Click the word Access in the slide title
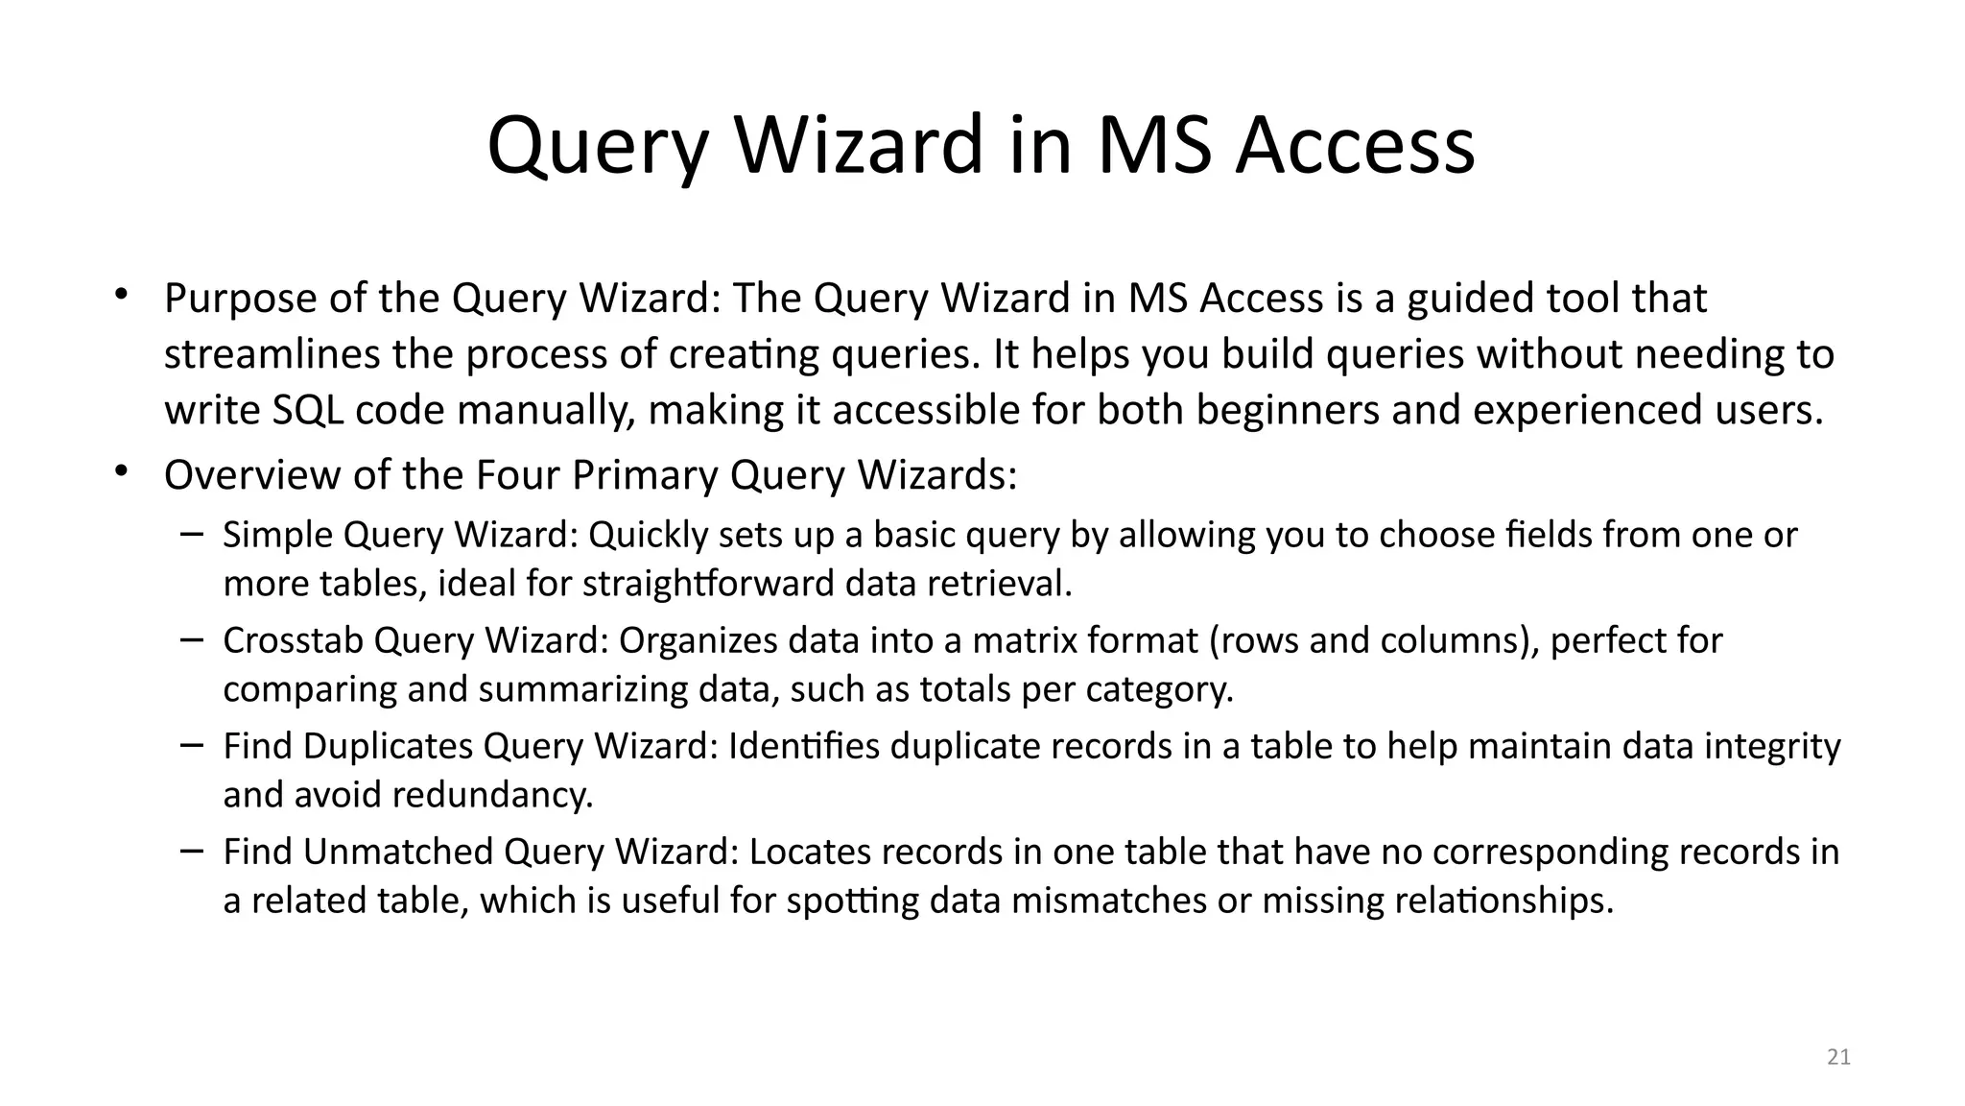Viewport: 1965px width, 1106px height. pyautogui.click(x=1354, y=146)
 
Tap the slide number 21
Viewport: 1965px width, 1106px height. pyautogui.click(x=1838, y=1057)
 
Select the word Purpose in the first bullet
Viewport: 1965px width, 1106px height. pyautogui.click(x=241, y=299)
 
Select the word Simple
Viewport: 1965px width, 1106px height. pyautogui.click(x=277, y=536)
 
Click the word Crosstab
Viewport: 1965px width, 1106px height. pyautogui.click(x=293, y=641)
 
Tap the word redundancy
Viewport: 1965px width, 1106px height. pyautogui.click(x=492, y=796)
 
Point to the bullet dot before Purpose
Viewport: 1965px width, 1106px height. pyautogui.click(x=121, y=294)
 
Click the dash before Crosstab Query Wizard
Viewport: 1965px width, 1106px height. pyautogui.click(x=191, y=638)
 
